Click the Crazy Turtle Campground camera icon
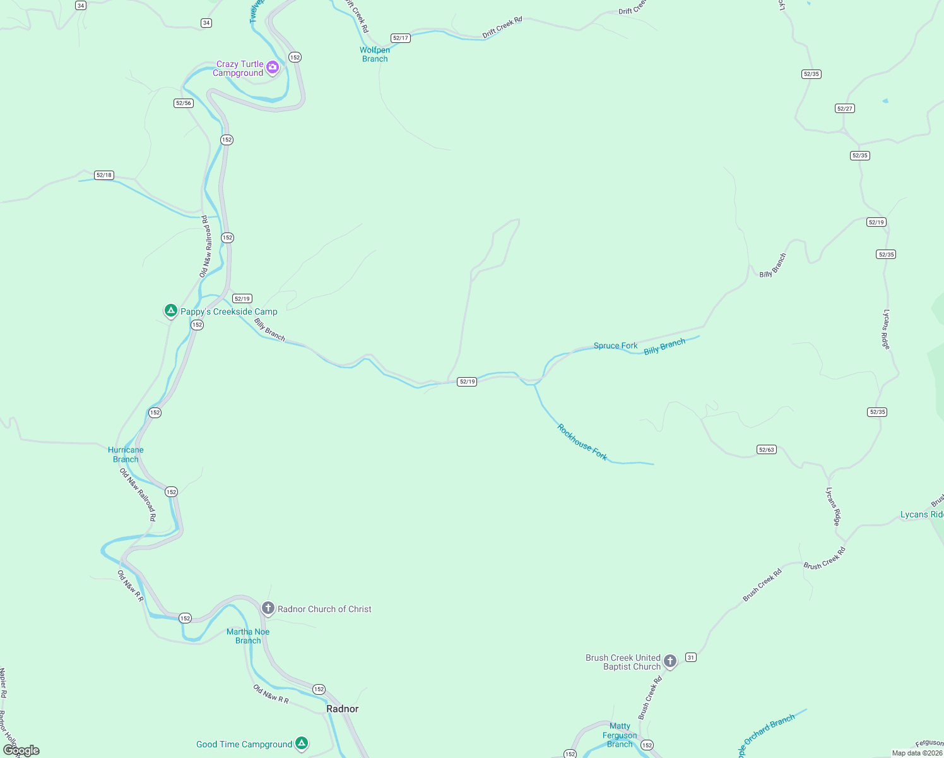[273, 67]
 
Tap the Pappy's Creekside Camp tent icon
[170, 310]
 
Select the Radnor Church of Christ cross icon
[268, 608]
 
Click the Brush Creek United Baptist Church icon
[670, 661]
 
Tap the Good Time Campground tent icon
[302, 743]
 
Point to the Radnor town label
[342, 709]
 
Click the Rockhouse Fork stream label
[582, 442]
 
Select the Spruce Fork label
[615, 346]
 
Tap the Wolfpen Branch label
[375, 54]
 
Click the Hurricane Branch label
[126, 455]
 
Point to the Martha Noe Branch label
[248, 636]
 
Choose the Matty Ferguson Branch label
[620, 735]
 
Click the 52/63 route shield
[766, 450]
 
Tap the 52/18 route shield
[104, 175]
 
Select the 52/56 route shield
[183, 103]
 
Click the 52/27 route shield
[844, 109]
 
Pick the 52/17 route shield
[401, 38]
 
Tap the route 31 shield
[691, 658]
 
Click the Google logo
[21, 750]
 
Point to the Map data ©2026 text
[916, 753]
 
